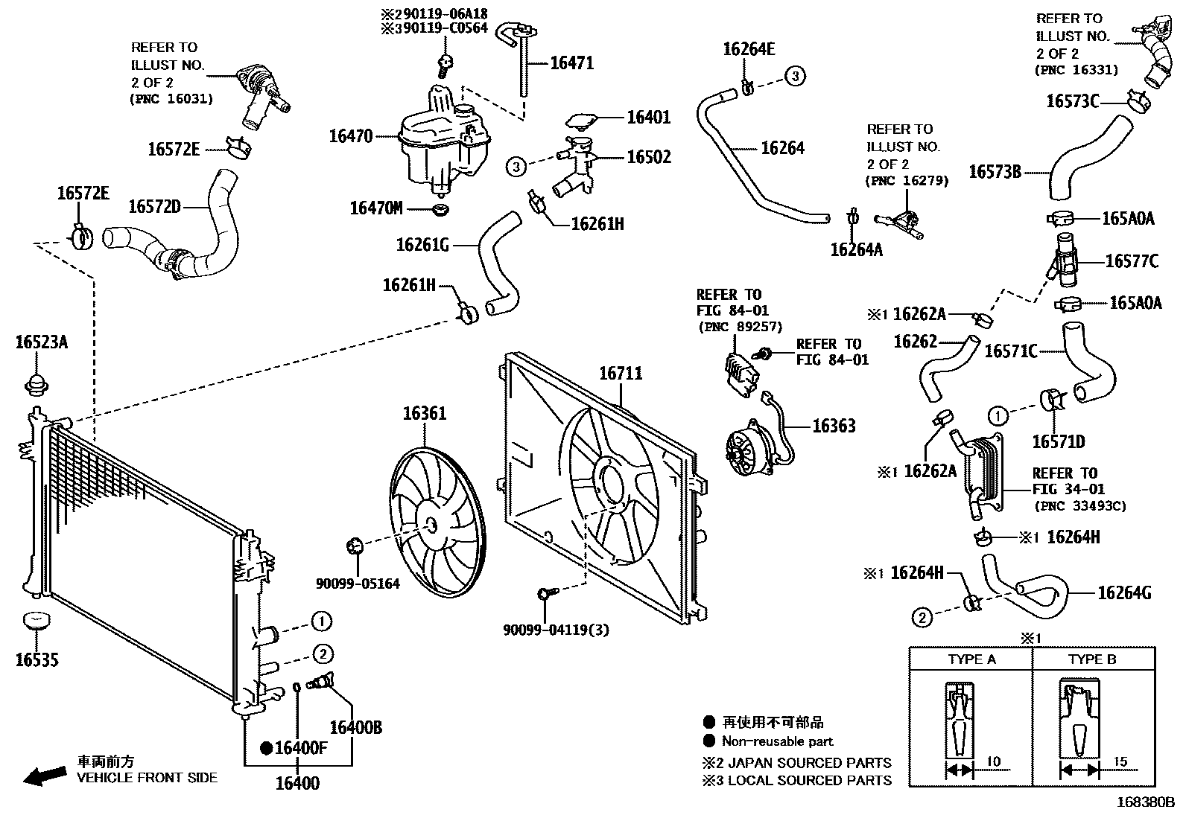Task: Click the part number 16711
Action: coord(621,374)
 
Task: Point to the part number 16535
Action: coord(37,659)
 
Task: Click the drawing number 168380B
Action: coord(1144,803)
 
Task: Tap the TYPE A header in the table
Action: coord(971,659)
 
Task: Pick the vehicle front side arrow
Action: coord(44,775)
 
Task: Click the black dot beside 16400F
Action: coord(265,748)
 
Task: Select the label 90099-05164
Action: coord(358,584)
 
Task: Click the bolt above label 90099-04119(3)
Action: coord(544,593)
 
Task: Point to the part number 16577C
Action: coord(1132,261)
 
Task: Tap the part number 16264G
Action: coord(1124,593)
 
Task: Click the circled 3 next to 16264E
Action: coord(795,76)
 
